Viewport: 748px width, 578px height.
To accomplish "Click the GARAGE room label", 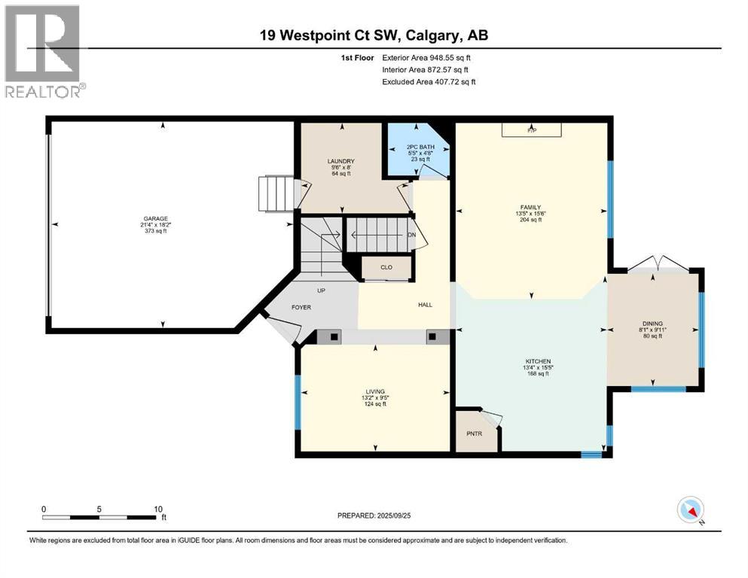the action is tap(154, 219).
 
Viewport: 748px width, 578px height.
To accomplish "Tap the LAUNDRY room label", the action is tap(340, 161).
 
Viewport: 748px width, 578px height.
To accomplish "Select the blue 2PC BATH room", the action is tap(418, 151).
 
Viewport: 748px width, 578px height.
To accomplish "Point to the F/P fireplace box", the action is tap(531, 130).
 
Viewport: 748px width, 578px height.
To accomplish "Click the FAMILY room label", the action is tap(530, 207).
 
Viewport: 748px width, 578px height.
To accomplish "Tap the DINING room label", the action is tap(652, 324).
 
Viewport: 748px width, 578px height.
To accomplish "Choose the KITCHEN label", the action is tap(538, 362).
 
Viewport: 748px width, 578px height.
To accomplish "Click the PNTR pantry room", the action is tap(475, 430).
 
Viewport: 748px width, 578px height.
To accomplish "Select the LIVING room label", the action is tap(375, 391).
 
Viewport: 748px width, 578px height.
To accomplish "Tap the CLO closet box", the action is tap(386, 268).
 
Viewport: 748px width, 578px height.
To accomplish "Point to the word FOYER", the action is tap(301, 307).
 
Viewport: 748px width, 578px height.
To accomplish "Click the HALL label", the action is tap(425, 305).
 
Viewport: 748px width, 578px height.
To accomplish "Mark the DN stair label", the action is tap(412, 235).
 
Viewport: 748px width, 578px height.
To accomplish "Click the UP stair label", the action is tap(321, 291).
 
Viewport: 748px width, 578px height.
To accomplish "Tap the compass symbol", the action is tap(691, 510).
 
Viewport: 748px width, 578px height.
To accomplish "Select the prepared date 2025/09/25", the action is tap(393, 516).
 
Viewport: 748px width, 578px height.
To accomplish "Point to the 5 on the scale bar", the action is tap(99, 509).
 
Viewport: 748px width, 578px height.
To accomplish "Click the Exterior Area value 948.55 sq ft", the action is tap(450, 58).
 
